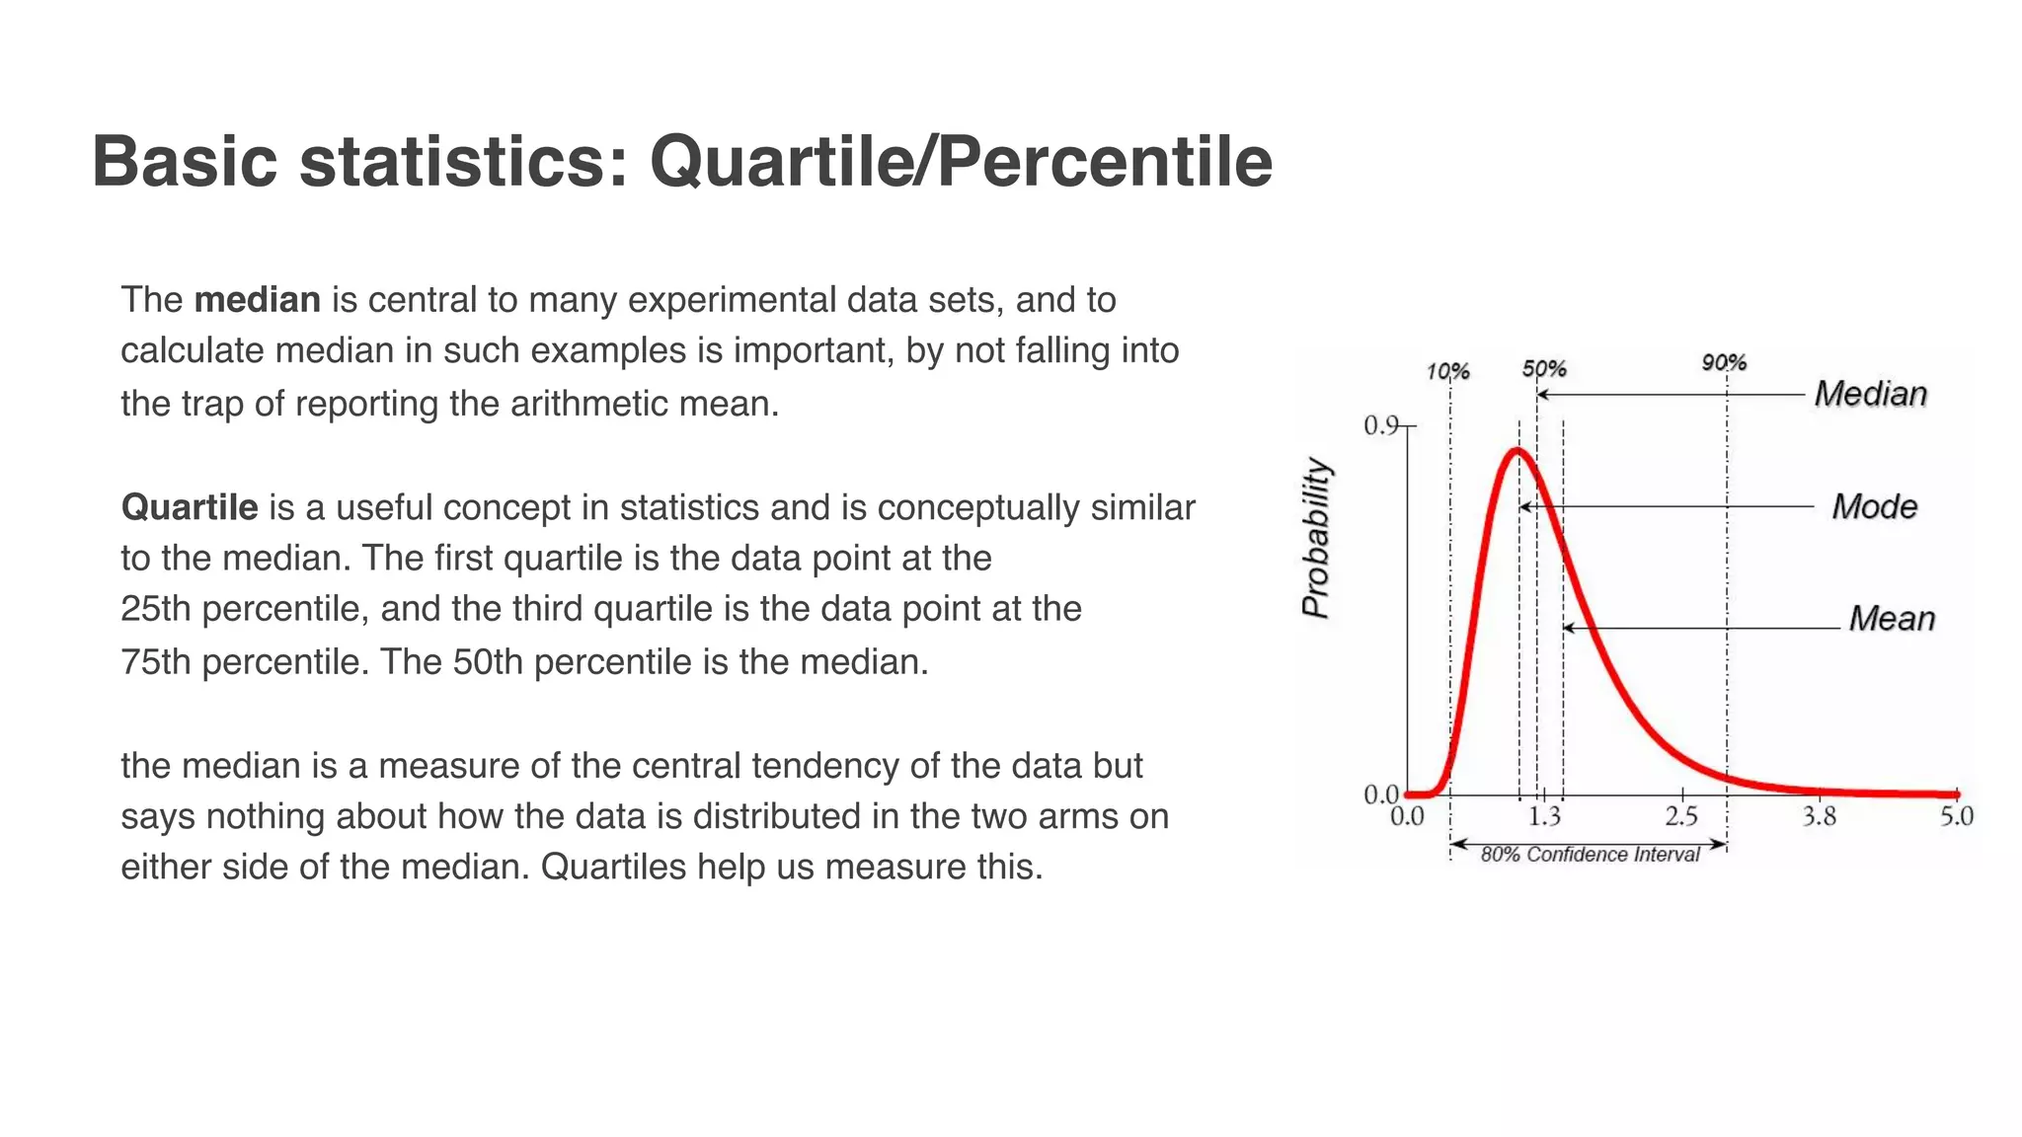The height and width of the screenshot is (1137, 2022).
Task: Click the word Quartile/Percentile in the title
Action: (960, 163)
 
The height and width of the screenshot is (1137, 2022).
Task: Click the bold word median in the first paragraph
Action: (257, 300)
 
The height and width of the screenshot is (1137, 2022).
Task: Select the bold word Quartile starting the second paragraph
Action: (189, 507)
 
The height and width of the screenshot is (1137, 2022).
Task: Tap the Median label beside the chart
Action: (1870, 394)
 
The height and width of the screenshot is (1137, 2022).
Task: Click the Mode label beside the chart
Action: (1874, 506)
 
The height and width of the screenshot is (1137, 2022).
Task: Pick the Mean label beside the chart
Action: (1891, 619)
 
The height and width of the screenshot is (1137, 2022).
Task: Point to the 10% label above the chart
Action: (1447, 372)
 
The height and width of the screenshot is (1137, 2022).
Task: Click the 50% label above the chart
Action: (1544, 369)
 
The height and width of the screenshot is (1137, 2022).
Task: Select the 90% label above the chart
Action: (1724, 363)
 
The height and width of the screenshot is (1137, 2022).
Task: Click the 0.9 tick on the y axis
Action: (1381, 425)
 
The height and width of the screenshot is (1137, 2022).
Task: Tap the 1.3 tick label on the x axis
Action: (1544, 817)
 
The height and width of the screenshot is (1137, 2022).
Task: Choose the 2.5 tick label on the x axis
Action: (1681, 817)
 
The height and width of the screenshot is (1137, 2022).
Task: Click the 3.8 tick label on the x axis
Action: (1819, 817)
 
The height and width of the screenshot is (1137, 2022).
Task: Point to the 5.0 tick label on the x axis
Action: (1956, 817)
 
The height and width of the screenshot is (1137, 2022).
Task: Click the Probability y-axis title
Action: (1316, 538)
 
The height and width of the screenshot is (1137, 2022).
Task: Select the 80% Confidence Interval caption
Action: (1590, 855)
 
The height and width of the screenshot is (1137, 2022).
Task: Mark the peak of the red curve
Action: (1517, 451)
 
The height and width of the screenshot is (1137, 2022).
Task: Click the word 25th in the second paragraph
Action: (155, 609)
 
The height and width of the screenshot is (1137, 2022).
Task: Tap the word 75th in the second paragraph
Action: (155, 661)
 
